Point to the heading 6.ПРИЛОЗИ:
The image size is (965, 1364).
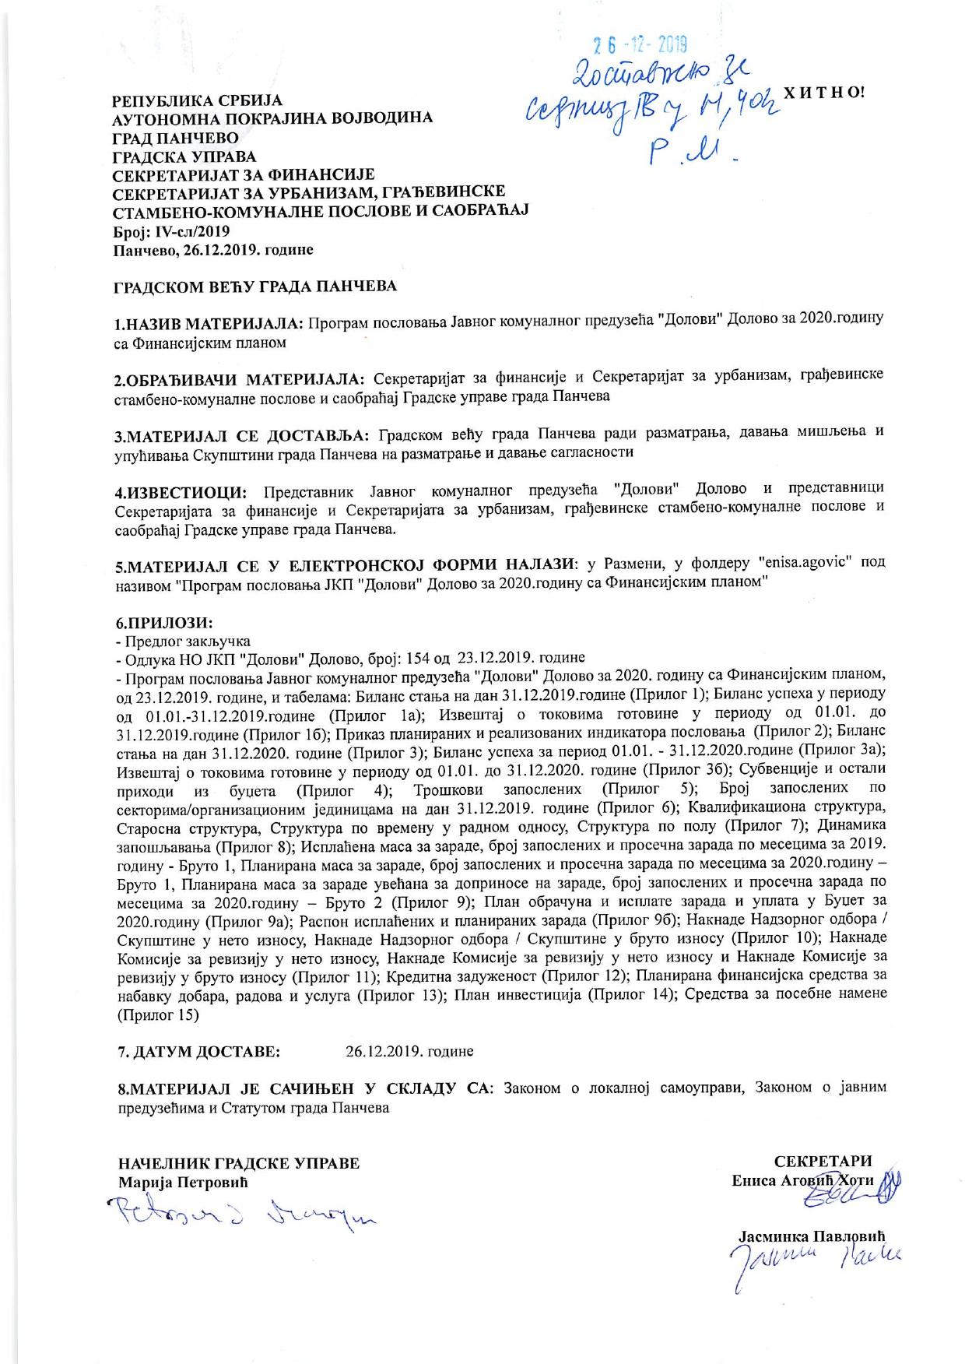[x=163, y=623]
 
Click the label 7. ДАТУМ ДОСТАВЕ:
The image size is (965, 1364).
[x=198, y=1051]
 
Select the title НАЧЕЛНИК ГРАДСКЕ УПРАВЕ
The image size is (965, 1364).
[x=239, y=1164]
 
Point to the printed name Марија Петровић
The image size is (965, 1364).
[x=182, y=1183]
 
